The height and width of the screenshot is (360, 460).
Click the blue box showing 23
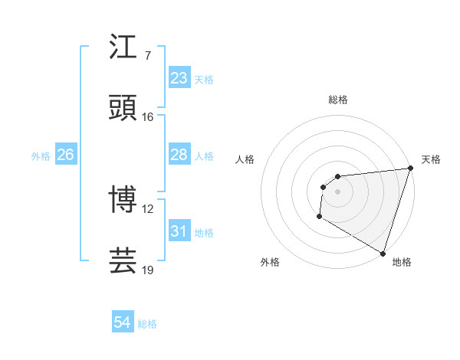pyautogui.click(x=179, y=78)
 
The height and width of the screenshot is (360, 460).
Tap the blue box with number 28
pyautogui.click(x=179, y=155)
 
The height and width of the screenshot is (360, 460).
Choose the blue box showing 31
pyautogui.click(x=179, y=231)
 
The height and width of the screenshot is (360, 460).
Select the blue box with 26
pyautogui.click(x=65, y=155)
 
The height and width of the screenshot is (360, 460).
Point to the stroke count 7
pyautogui.click(x=147, y=56)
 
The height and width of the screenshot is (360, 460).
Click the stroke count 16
pyautogui.click(x=148, y=117)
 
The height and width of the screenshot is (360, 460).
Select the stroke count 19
pyautogui.click(x=148, y=270)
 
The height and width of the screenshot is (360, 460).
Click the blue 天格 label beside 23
pyautogui.click(x=204, y=79)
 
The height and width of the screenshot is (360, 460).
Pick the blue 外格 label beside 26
pyautogui.click(x=41, y=155)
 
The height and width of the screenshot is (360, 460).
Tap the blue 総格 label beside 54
pyautogui.click(x=147, y=323)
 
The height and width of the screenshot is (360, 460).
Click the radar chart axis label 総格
pyautogui.click(x=337, y=100)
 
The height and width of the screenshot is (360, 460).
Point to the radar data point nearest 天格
pyautogui.click(x=409, y=169)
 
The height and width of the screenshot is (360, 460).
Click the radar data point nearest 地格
pyautogui.click(x=383, y=253)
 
